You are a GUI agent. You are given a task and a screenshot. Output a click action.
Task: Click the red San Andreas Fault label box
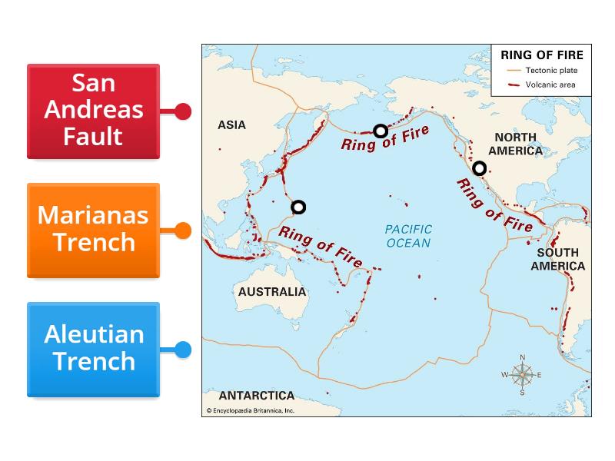click(x=93, y=111)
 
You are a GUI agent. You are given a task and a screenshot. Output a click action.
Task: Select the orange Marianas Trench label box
click(x=93, y=230)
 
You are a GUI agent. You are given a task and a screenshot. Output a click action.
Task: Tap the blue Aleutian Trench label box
click(x=93, y=349)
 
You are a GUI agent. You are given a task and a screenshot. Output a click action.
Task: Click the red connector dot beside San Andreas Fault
click(x=183, y=111)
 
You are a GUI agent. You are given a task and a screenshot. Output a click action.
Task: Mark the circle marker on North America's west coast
click(x=479, y=168)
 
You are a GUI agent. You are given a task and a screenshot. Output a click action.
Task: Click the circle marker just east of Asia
click(x=298, y=207)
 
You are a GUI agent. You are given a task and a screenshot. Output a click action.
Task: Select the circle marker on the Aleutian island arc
click(x=380, y=131)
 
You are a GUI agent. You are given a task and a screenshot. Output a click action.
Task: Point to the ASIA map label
click(x=231, y=124)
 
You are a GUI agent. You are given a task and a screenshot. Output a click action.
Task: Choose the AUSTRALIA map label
click(x=271, y=292)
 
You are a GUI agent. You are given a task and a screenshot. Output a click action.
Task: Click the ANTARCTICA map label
click(x=257, y=396)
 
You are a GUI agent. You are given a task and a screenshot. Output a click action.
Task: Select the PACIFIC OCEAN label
click(x=408, y=236)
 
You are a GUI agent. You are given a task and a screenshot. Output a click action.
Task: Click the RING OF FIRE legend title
click(x=541, y=55)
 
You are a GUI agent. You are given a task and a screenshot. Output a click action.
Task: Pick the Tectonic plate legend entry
click(x=550, y=71)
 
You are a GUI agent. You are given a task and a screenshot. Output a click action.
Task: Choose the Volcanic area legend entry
click(x=550, y=85)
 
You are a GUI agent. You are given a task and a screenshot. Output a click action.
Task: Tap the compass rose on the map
click(x=522, y=374)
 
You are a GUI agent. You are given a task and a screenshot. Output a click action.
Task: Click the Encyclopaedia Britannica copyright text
click(x=251, y=411)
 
